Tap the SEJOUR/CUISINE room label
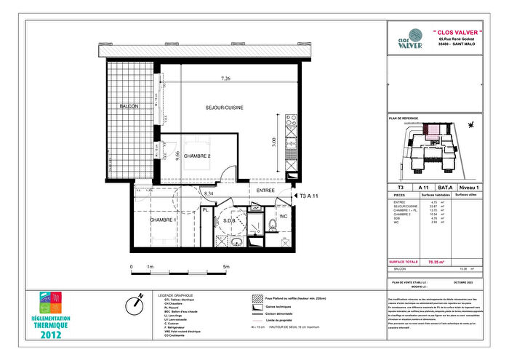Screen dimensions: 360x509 pyautogui.click(x=224, y=108)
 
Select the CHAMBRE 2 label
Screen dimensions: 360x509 pyautogui.click(x=197, y=156)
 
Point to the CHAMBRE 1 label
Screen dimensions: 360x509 pyautogui.click(x=164, y=220)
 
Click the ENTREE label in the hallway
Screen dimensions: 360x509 pyautogui.click(x=265, y=191)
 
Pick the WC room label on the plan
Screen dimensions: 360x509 pyautogui.click(x=284, y=215)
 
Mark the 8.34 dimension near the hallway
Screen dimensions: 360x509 pyautogui.click(x=209, y=194)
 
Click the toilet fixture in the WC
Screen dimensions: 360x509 pyautogui.click(x=270, y=223)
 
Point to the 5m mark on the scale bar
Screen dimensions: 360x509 pyautogui.click(x=226, y=267)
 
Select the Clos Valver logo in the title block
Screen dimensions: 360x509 pyautogui.click(x=406, y=39)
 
